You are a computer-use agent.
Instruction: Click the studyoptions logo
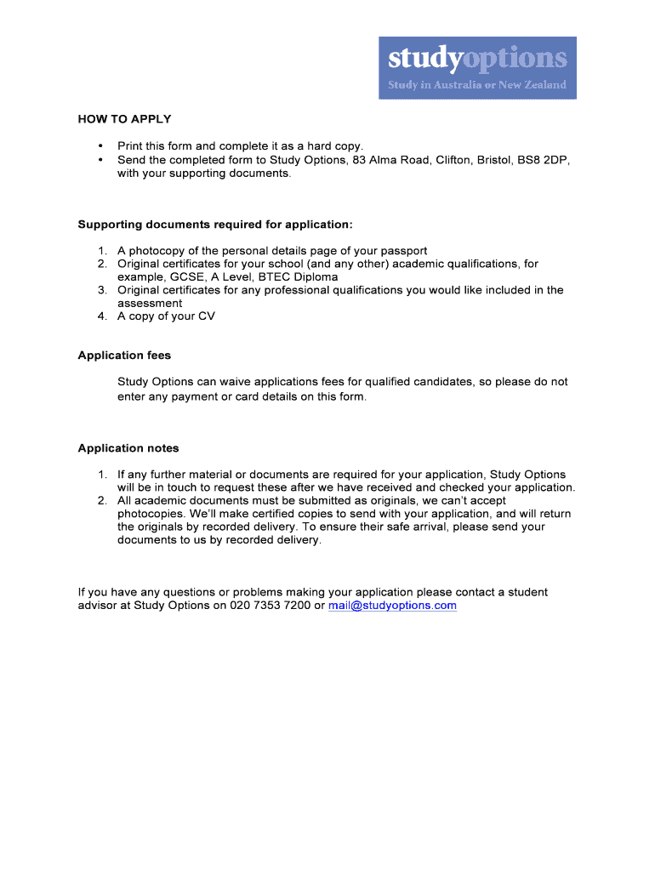(477, 67)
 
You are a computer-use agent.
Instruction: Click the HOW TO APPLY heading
(124, 119)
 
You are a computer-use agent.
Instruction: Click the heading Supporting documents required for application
(214, 225)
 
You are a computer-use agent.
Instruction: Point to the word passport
(405, 251)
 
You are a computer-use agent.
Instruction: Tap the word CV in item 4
(207, 316)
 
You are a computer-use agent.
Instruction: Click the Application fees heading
(124, 356)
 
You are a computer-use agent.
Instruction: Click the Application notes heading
(128, 448)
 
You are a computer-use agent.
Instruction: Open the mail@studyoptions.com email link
(392, 606)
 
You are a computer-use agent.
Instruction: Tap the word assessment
(150, 304)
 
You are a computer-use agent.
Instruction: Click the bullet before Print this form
(100, 146)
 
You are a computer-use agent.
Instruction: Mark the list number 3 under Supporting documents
(100, 290)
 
